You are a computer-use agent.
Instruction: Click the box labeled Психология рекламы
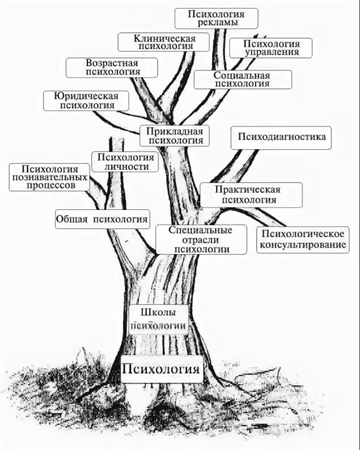click(216, 18)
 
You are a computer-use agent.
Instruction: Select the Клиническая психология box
click(164, 42)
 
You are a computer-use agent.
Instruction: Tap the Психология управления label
click(271, 48)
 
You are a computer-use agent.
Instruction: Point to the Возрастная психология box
click(112, 68)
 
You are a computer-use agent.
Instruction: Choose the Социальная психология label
click(242, 79)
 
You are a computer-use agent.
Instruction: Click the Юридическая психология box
click(86, 100)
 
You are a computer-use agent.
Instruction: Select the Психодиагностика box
click(281, 138)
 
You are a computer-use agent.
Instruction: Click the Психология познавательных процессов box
click(49, 177)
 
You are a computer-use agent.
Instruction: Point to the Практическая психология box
click(251, 195)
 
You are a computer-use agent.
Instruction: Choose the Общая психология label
click(103, 219)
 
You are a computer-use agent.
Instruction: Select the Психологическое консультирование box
click(302, 239)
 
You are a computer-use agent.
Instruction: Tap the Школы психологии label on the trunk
click(158, 319)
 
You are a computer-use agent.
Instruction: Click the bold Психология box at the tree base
click(161, 368)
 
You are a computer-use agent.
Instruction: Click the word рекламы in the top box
click(216, 23)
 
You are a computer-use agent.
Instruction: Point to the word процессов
click(50, 185)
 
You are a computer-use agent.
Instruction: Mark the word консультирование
click(303, 244)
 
